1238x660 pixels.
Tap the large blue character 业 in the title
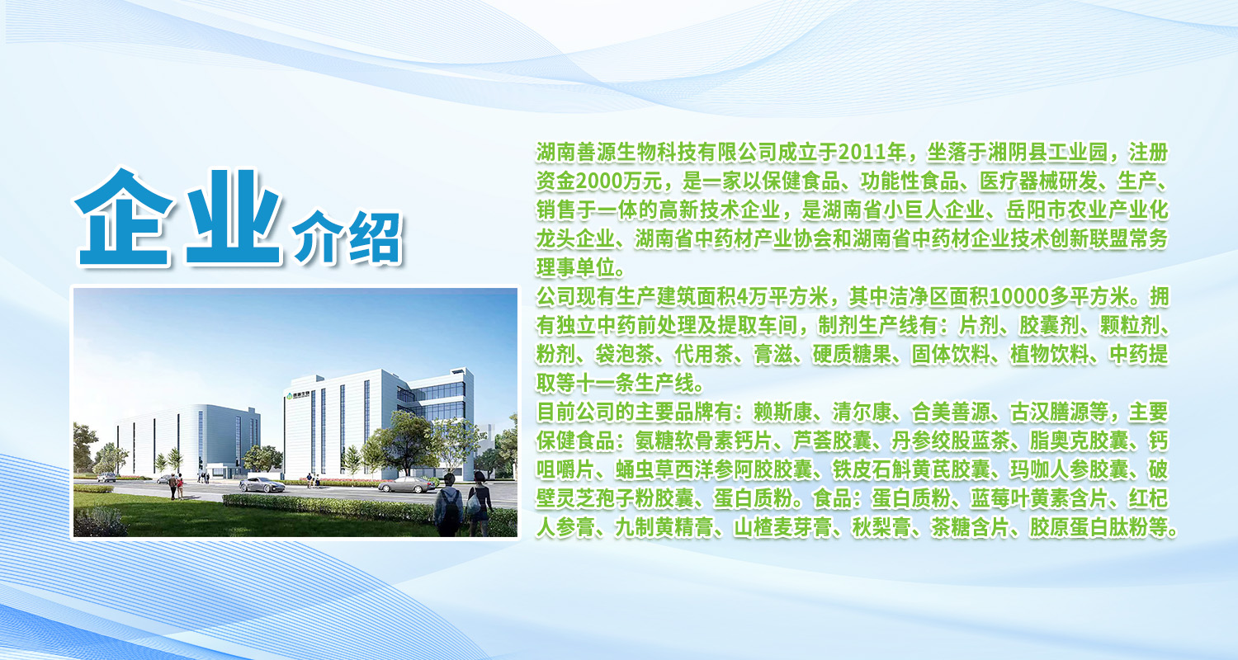(x=234, y=217)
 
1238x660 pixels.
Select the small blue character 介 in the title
(x=316, y=237)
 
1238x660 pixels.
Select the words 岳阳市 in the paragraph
(x=1037, y=210)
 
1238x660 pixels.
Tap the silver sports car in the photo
(x=262, y=485)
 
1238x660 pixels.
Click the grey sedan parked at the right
(x=408, y=485)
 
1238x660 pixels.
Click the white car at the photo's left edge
(x=106, y=477)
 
